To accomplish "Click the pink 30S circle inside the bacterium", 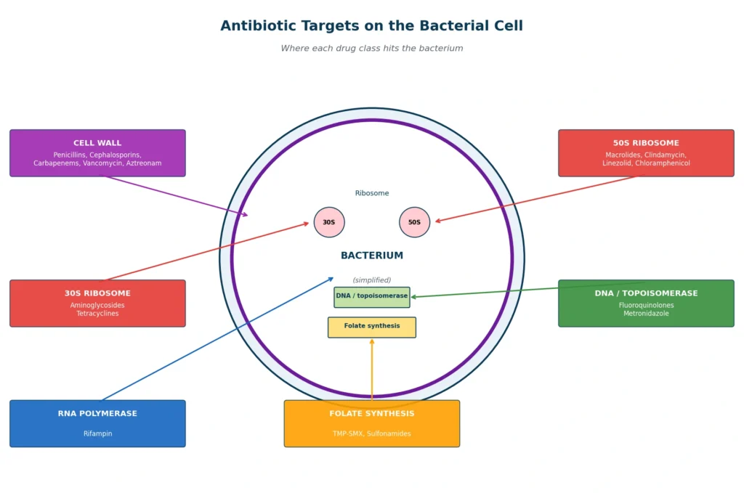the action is tap(329, 222).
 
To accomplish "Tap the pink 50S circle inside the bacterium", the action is tap(414, 222).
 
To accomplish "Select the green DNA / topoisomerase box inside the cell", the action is tap(371, 297).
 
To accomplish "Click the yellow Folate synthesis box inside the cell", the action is tap(371, 327).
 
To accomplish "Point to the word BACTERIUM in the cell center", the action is tap(371, 256).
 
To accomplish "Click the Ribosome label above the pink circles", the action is tap(371, 193).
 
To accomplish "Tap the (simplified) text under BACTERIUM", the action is tap(371, 280).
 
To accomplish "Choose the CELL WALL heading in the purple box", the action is tap(97, 143).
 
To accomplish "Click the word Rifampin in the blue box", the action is tap(97, 433).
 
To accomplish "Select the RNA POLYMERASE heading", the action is tap(97, 413).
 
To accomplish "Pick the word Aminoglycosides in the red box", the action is tap(97, 305).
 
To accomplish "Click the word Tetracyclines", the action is tap(97, 314).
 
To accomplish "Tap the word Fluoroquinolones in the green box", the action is tap(646, 305).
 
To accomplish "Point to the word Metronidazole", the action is tap(646, 314).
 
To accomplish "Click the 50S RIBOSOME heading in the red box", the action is tap(646, 143).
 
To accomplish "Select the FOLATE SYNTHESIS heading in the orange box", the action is tap(371, 413).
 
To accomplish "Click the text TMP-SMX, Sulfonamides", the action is tap(371, 433).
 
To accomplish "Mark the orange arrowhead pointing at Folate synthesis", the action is tap(372, 341).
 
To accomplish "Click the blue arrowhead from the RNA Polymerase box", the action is tap(331, 280).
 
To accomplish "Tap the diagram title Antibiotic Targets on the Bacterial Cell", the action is tap(371, 25).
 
